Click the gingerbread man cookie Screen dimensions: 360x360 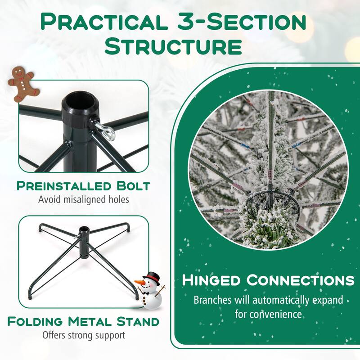coord(23,84)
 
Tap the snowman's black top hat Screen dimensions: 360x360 coord(151,278)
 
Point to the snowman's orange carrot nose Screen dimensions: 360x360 coord(139,283)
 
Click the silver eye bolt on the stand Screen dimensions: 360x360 coord(104,129)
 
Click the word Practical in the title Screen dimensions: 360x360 coord(103,22)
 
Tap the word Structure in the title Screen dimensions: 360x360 coord(173,47)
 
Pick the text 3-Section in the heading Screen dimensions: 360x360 coord(242,22)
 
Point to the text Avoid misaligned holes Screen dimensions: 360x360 coord(84,199)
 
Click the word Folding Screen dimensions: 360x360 coord(35,321)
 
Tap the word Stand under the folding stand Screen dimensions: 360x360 coord(138,321)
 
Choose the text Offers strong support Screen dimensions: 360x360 coord(84,335)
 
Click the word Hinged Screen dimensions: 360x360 coord(211,280)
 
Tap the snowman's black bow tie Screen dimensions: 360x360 coord(145,293)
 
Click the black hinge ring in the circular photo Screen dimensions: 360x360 coord(271,195)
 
